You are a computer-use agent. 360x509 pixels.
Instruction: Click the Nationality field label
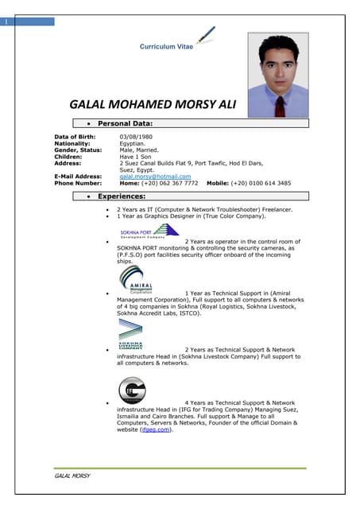pos(72,144)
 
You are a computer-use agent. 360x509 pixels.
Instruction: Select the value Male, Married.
pos(139,150)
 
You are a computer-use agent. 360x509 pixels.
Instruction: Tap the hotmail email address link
pos(155,176)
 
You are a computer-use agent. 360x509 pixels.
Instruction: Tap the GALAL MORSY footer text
pos(72,476)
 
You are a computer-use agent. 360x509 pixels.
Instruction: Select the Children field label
pos(68,157)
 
